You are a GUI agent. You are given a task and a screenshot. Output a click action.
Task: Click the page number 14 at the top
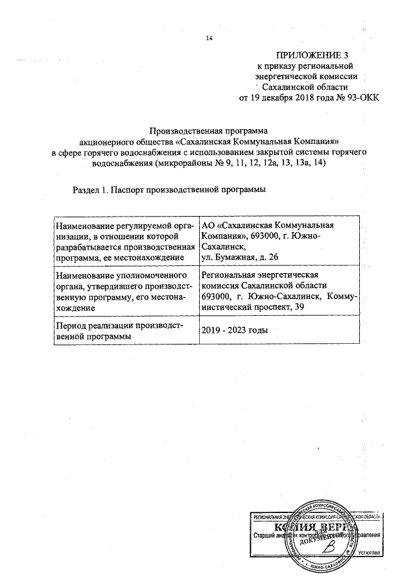[209, 39]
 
